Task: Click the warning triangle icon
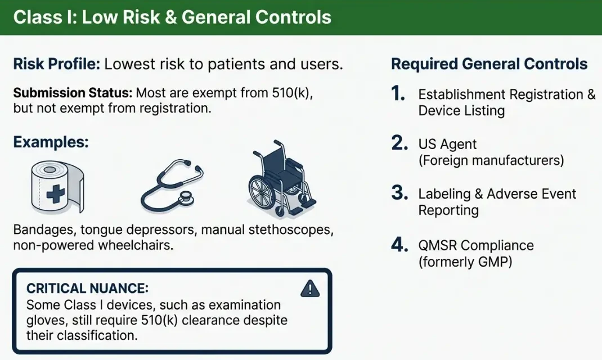(310, 289)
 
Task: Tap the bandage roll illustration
(57, 187)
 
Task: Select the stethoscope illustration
(172, 186)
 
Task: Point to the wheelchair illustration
(281, 179)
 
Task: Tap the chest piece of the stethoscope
(186, 197)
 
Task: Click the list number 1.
(398, 93)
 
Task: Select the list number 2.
(399, 143)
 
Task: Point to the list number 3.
(399, 193)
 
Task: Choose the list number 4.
(399, 245)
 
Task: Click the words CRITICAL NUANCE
(87, 288)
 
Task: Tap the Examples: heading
(51, 142)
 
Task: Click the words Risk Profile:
(57, 64)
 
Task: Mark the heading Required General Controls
(489, 64)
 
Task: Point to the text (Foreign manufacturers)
(491, 160)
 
